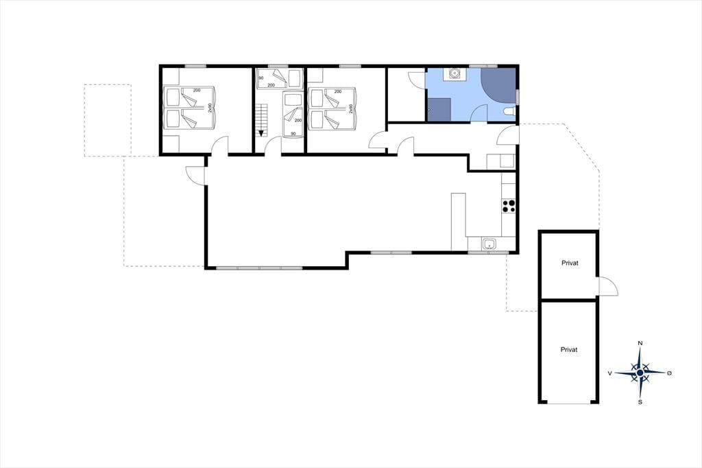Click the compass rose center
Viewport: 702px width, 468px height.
click(x=640, y=373)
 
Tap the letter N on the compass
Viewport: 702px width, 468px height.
click(x=640, y=343)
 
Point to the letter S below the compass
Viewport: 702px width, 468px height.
click(x=640, y=402)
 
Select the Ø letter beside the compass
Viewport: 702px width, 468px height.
click(x=669, y=373)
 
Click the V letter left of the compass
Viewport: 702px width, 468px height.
click(x=609, y=373)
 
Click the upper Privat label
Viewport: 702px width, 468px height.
click(x=570, y=263)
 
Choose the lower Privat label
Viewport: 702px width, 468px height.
click(x=569, y=350)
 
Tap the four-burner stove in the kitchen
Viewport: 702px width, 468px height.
click(x=509, y=206)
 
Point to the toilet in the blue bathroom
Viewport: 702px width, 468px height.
click(x=509, y=112)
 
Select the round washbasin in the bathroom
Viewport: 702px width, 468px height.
click(x=455, y=73)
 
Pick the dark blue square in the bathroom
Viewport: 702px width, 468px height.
click(x=439, y=109)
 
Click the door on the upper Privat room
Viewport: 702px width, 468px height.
click(x=607, y=286)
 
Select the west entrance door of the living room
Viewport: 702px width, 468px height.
click(x=195, y=175)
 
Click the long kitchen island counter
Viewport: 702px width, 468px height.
click(x=459, y=222)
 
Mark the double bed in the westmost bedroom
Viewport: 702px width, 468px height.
click(x=190, y=108)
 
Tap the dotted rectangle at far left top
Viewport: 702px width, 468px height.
click(x=108, y=120)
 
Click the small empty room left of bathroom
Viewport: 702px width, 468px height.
click(x=406, y=94)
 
